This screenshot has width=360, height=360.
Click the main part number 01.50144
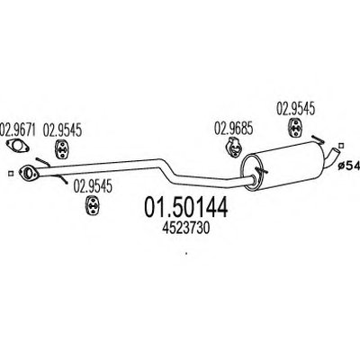click(186, 208)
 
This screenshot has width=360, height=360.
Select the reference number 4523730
click(185, 229)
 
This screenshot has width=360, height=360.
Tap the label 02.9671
click(18, 130)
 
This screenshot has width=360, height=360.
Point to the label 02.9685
click(233, 129)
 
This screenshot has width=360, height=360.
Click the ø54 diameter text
click(348, 166)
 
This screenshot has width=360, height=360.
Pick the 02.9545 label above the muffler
click(295, 109)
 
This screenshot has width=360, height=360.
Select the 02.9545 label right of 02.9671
click(62, 130)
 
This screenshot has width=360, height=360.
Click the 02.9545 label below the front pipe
click(93, 186)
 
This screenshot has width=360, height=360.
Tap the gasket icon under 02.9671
click(18, 146)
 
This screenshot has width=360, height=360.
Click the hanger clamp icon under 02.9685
click(233, 147)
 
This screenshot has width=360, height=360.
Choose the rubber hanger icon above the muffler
click(295, 128)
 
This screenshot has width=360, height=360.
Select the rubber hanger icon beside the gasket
click(62, 149)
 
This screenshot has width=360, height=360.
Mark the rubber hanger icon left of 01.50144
click(93, 205)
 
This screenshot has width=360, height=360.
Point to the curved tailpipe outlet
click(332, 156)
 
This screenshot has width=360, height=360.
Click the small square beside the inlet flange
click(11, 174)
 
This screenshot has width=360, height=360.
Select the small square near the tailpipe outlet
click(340, 146)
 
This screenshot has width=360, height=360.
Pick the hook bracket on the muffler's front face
click(262, 171)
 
